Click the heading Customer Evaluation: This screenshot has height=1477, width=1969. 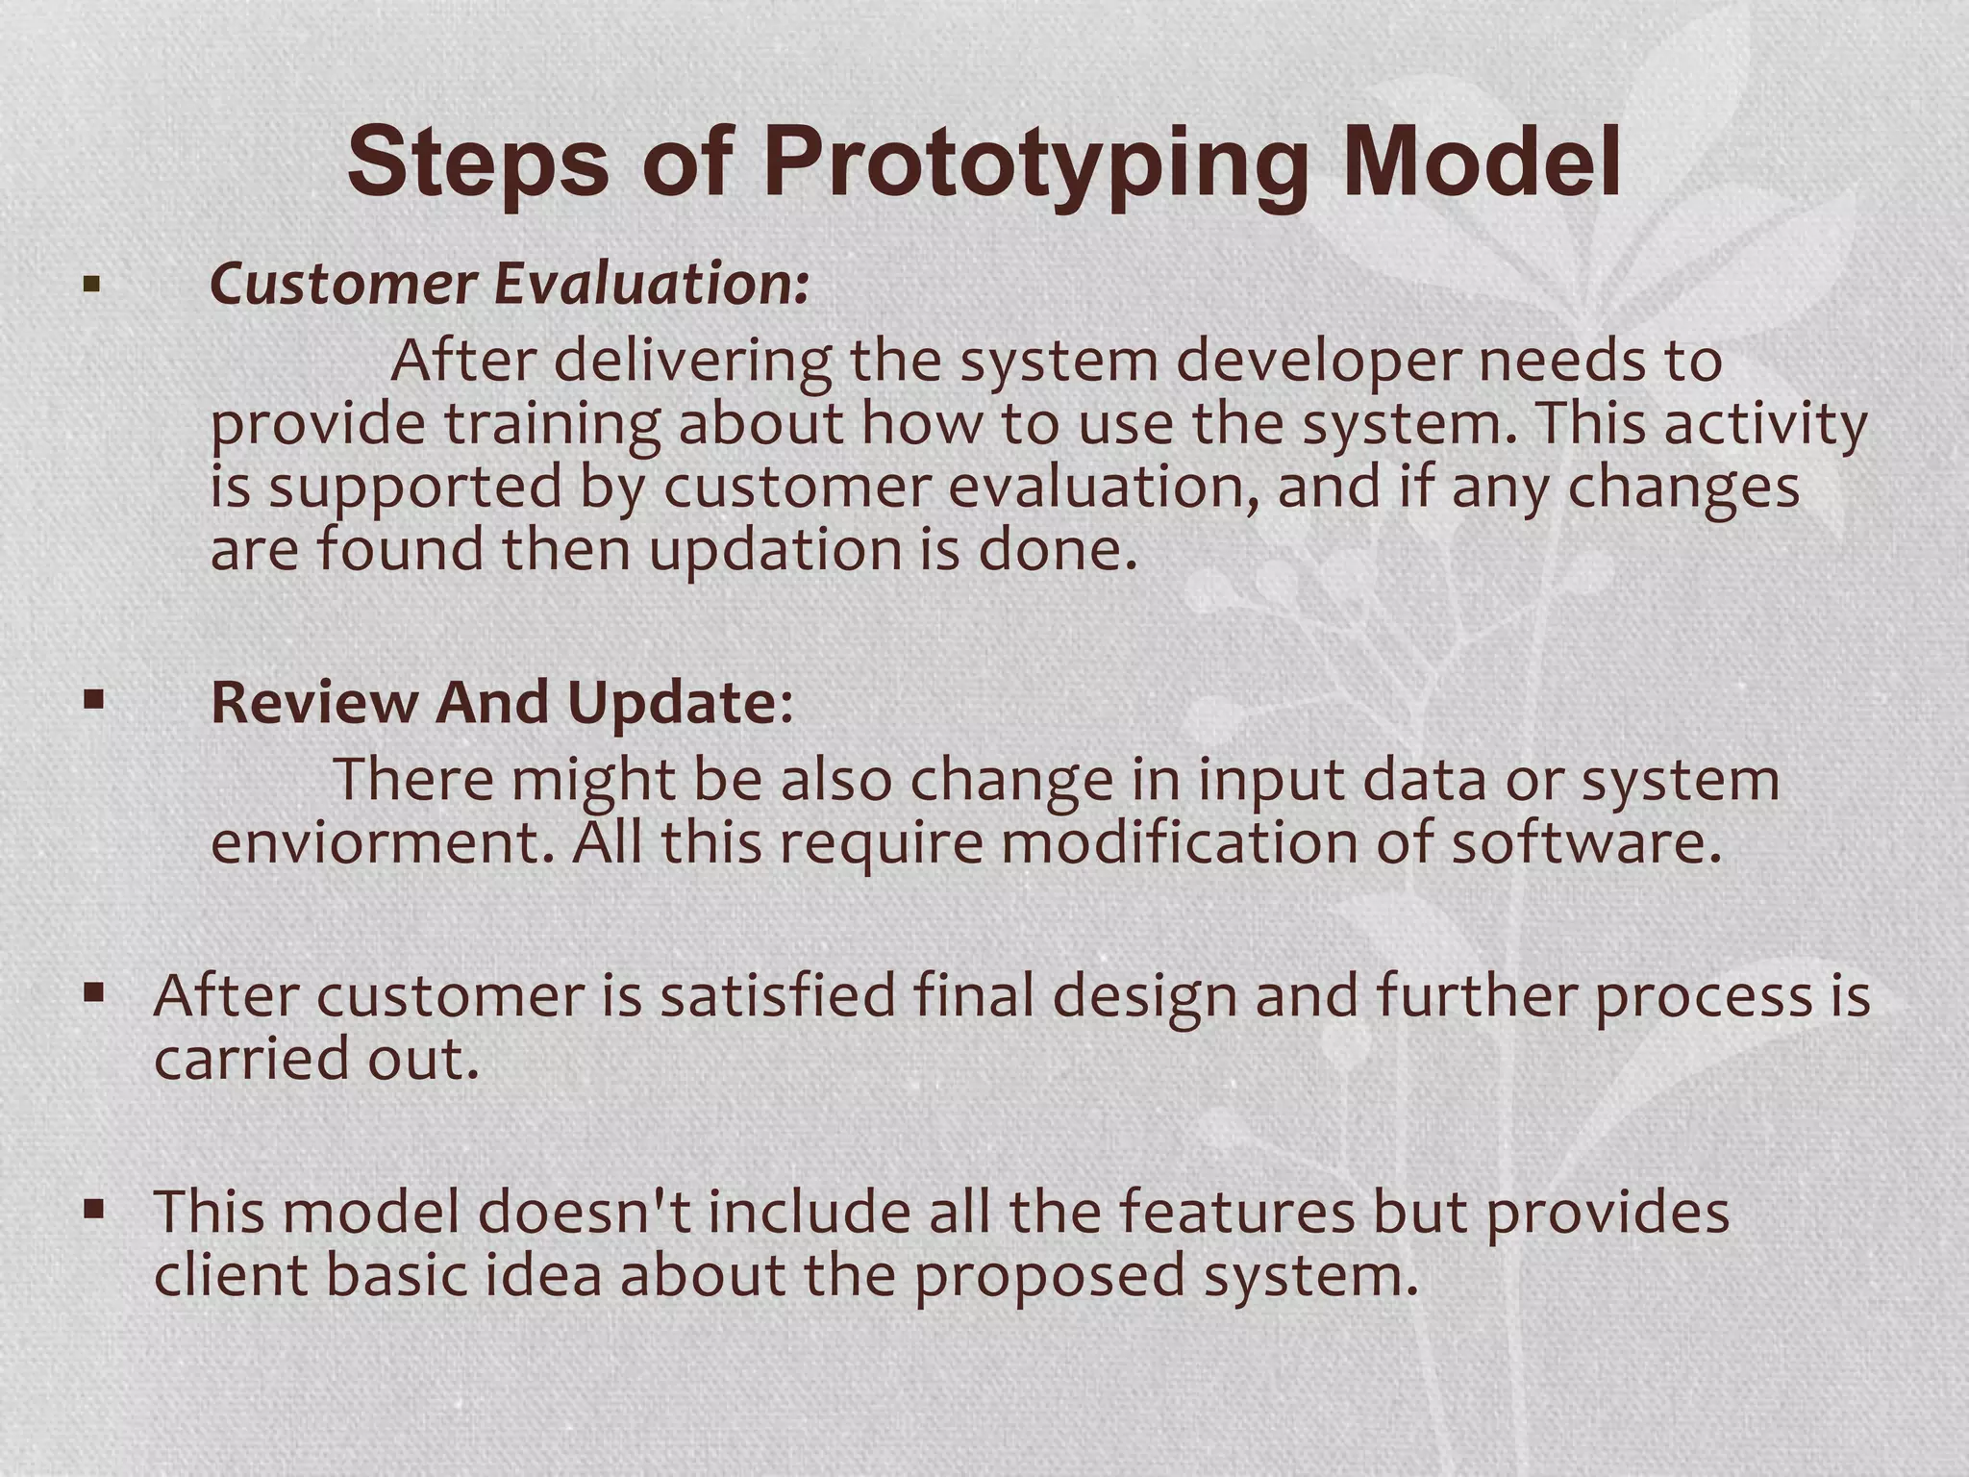tap(510, 285)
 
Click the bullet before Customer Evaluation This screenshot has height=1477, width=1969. tap(92, 285)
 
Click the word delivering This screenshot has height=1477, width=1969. tap(692, 362)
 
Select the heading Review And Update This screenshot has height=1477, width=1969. tap(501, 702)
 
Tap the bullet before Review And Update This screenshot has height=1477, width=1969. tap(93, 700)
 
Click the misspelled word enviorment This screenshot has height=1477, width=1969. tap(383, 842)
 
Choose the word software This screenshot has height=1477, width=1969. tap(1584, 842)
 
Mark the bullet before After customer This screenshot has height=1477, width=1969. tap(93, 992)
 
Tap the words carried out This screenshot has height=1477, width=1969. tap(316, 1059)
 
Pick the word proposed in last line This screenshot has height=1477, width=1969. tap(1049, 1277)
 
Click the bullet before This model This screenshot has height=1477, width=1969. tap(93, 1209)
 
